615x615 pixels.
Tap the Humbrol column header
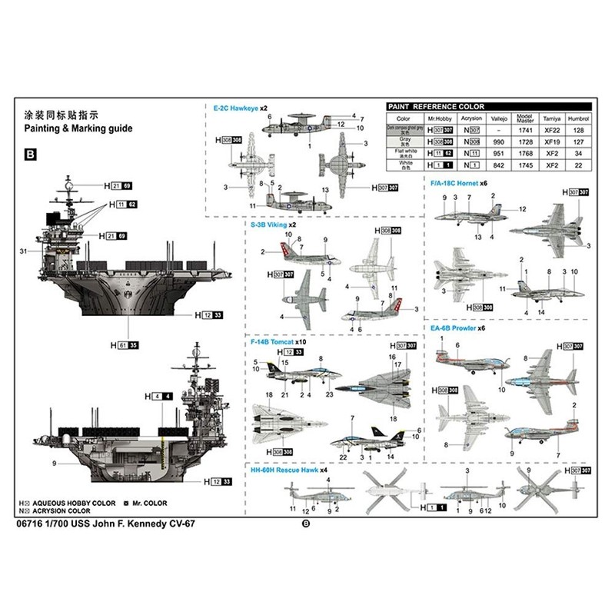[577, 119]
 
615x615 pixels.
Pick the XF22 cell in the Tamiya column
[550, 131]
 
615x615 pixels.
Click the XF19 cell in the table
[550, 142]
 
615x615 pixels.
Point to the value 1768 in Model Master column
[526, 154]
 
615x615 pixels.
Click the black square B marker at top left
[31, 155]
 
